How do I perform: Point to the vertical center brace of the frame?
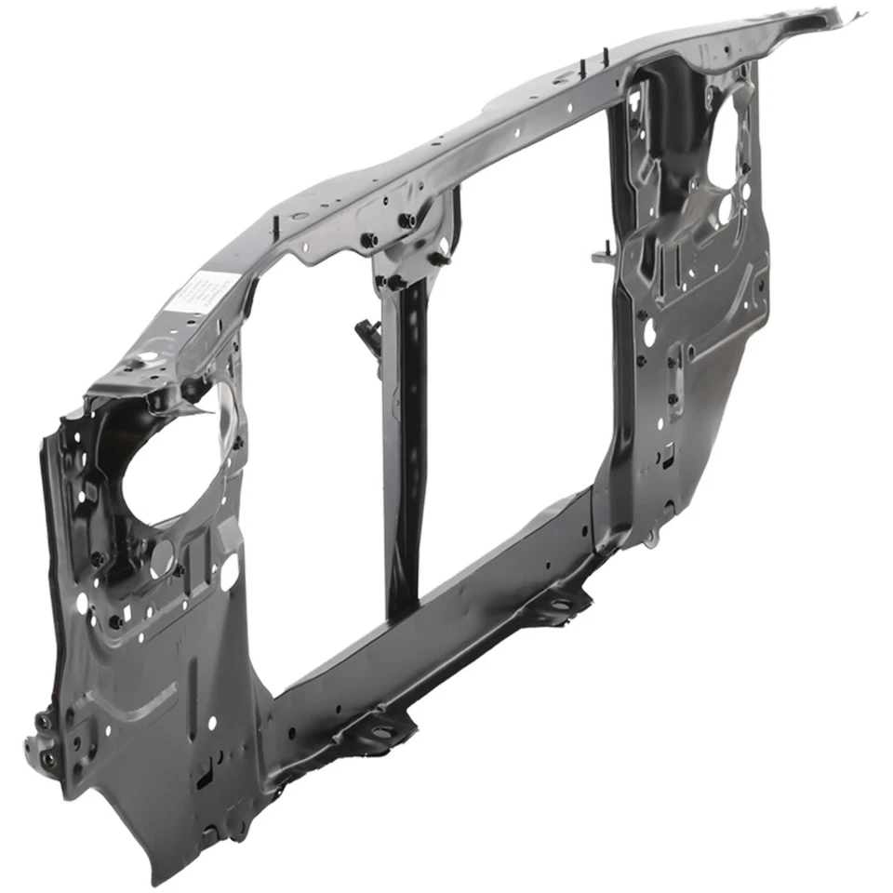[x=407, y=446]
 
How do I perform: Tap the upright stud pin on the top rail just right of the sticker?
[x=275, y=225]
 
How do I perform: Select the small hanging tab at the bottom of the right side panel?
[x=651, y=538]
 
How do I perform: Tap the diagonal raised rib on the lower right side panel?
[x=730, y=321]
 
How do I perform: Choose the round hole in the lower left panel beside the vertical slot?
[x=213, y=722]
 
